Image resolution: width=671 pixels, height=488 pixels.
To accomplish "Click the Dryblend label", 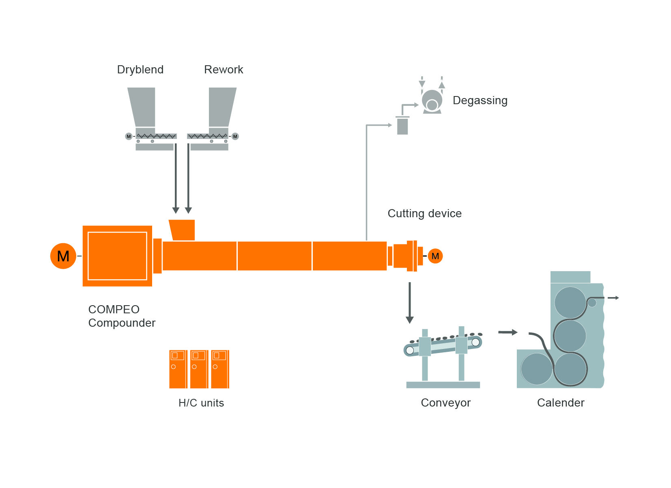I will (x=140, y=70).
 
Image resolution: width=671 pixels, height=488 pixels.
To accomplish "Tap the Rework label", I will (x=224, y=70).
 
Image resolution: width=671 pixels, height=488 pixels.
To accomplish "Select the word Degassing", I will (x=480, y=101).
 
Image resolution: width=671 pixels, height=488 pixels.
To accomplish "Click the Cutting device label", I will (x=424, y=214).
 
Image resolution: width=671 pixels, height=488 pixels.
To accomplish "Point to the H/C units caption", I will (x=201, y=403).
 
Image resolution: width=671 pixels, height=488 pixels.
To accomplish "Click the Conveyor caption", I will (x=445, y=403).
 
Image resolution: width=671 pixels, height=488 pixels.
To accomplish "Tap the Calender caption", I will (x=561, y=403).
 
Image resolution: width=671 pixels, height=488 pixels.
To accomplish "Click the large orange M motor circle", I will (x=63, y=256).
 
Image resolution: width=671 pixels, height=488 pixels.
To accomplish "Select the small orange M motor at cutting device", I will (x=435, y=256).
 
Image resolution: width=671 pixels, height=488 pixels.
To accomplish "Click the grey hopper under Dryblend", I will (x=142, y=107).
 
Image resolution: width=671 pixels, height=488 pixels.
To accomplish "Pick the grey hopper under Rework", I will (x=222, y=107).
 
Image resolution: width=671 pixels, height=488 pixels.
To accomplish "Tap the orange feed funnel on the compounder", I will (x=183, y=230).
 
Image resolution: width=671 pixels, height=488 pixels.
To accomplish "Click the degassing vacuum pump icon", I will (x=432, y=101).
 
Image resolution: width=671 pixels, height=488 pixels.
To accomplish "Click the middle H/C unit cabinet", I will (x=199, y=369).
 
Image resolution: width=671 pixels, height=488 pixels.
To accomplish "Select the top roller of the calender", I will (x=570, y=302).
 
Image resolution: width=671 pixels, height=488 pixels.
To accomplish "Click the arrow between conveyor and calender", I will (x=508, y=332).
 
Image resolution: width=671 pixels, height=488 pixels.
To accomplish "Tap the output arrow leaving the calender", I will (x=613, y=298).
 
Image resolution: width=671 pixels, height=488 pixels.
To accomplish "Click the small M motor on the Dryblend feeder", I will (x=129, y=136).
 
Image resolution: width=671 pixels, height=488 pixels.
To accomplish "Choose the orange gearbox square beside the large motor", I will (x=117, y=256).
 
